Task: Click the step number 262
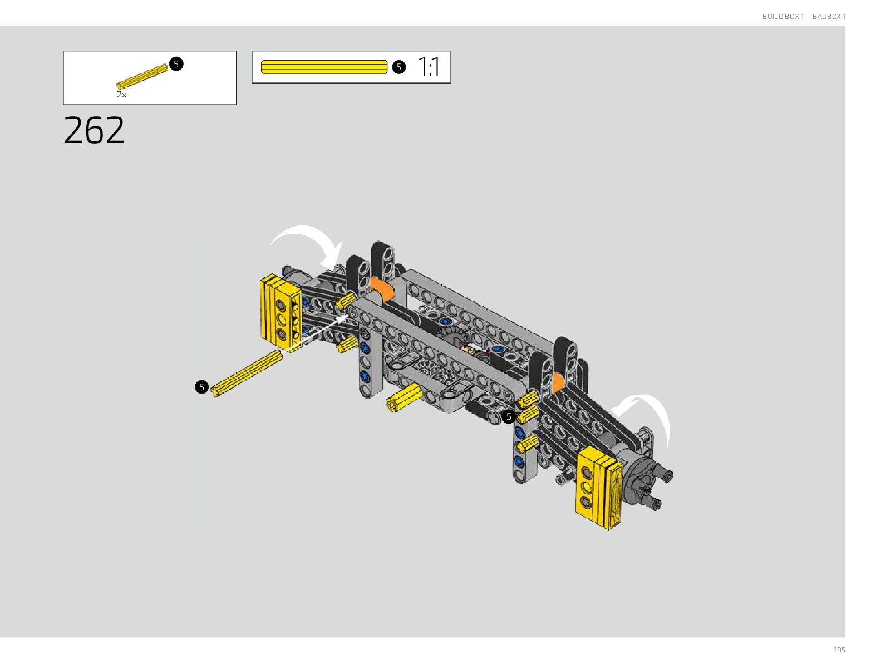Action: (94, 130)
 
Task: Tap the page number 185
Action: (839, 650)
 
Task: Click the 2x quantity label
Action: (121, 95)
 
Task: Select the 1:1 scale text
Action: (429, 67)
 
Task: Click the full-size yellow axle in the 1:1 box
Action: (324, 67)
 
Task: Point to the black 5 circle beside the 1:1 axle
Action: (399, 67)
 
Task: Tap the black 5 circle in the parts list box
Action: (176, 64)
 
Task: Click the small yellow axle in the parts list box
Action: (142, 76)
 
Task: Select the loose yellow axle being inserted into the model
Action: (247, 374)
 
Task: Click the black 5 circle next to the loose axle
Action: (201, 387)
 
